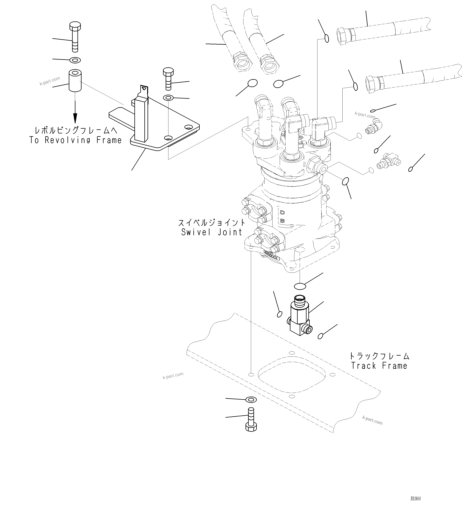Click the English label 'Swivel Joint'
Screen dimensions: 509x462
(x=212, y=232)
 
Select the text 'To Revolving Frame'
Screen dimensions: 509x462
(x=75, y=140)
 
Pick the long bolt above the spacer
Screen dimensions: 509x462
(x=75, y=37)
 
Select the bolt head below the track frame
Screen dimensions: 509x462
(x=251, y=427)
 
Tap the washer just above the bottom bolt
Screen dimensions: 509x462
(x=251, y=399)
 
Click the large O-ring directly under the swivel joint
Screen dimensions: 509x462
(x=300, y=286)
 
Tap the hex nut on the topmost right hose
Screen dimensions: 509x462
(x=343, y=37)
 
